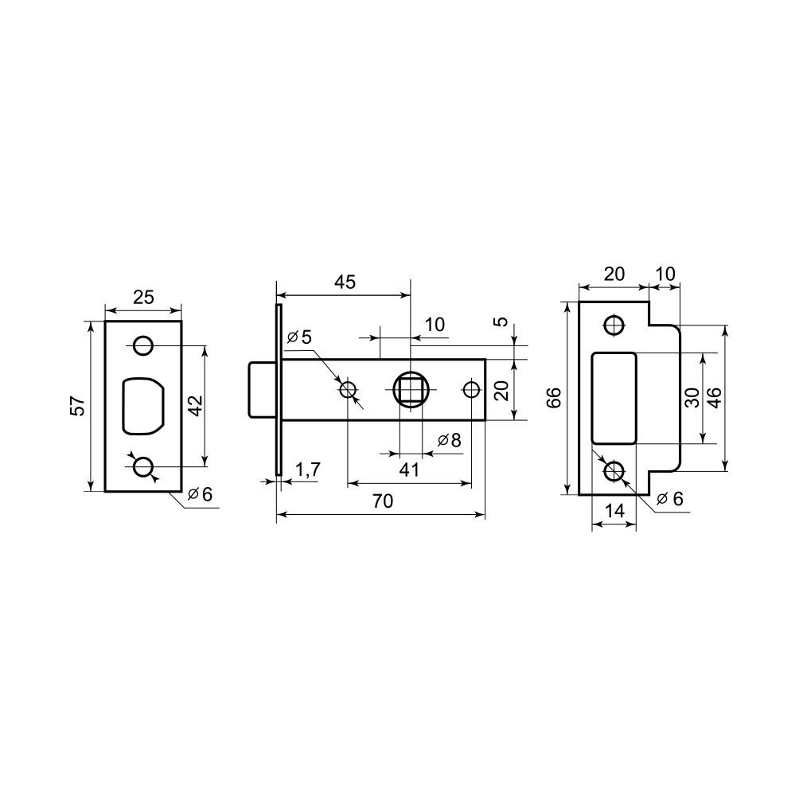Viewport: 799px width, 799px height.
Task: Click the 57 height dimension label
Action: pos(77,406)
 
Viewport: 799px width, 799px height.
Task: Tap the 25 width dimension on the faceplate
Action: pos(143,297)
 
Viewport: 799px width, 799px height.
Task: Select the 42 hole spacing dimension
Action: pos(197,406)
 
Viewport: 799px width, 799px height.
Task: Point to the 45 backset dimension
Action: pos(345,282)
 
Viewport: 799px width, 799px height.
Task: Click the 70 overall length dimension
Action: pos(383,501)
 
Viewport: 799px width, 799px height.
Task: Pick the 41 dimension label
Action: pos(409,470)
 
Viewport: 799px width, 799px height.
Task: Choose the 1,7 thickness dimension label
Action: pos(307,470)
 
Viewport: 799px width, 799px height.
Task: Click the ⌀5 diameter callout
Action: pos(299,337)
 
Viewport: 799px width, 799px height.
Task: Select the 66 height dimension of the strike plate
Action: pos(553,398)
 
